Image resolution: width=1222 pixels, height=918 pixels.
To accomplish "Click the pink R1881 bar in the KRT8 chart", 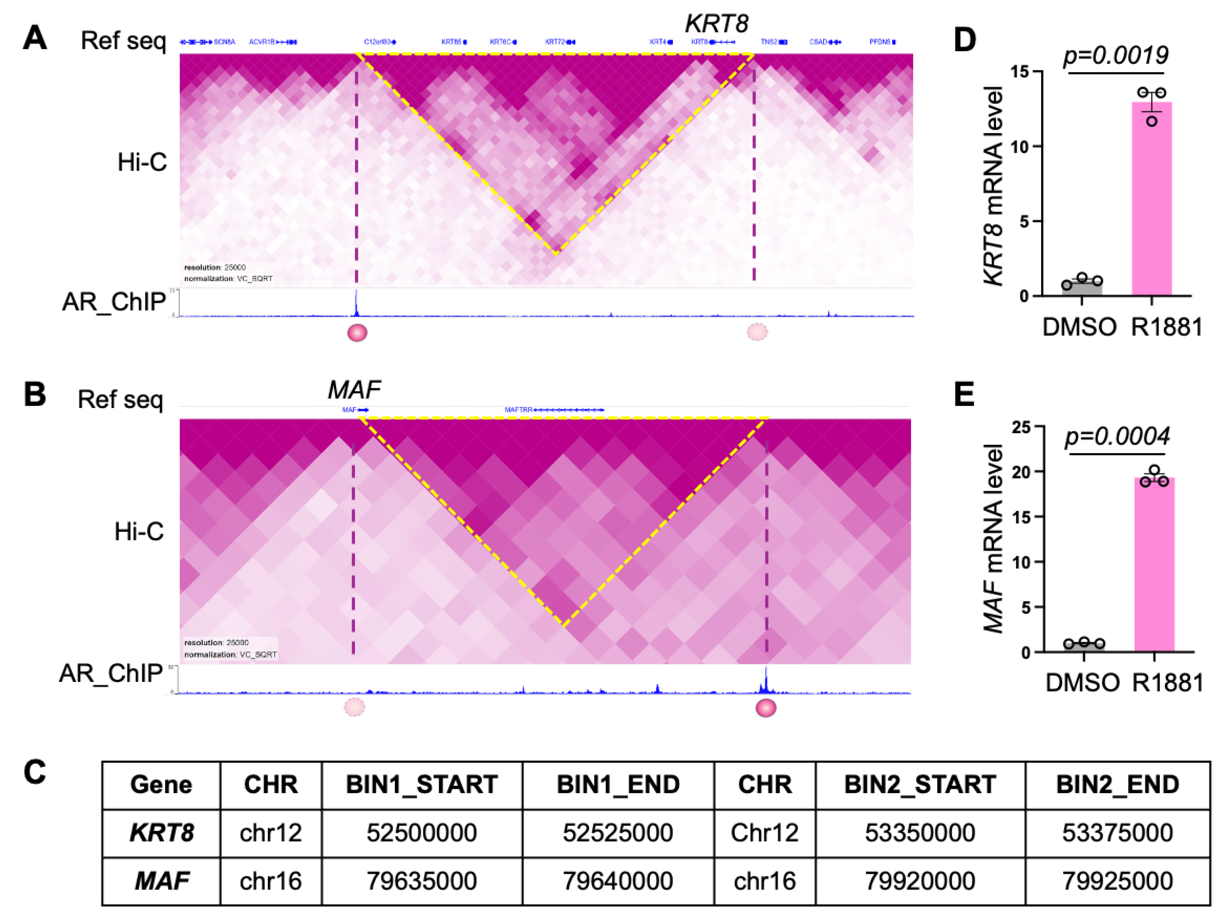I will coord(1151,199).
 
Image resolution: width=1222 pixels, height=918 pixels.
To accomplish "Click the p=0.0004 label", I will coord(1117,437).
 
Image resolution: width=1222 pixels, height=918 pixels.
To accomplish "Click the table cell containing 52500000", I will coord(422,833).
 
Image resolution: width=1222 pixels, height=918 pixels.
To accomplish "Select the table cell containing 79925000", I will coord(1117,881).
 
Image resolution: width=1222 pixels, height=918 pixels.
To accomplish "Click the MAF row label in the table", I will coord(161,881).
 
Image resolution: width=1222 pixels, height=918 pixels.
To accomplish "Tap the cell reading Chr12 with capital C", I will coord(764,833).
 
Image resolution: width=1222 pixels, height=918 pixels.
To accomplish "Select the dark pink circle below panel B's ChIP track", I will coord(766,708).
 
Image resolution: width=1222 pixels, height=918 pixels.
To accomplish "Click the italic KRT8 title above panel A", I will coord(717,24).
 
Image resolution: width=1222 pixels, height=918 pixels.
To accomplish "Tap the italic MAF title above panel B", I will coord(354,390).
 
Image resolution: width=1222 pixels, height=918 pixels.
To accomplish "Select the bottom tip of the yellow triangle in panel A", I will coord(556,253).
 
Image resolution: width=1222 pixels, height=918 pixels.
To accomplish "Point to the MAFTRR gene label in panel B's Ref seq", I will coord(518,410).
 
